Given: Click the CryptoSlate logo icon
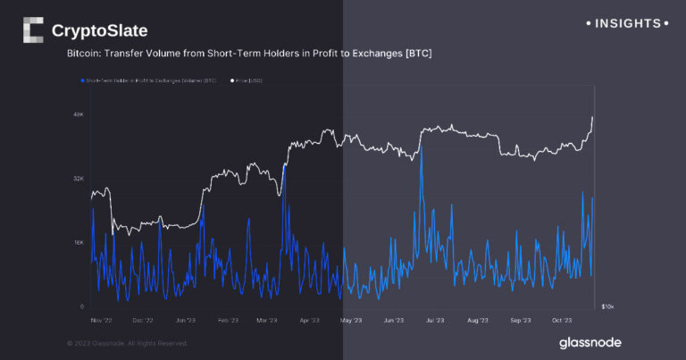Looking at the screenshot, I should click(32, 30).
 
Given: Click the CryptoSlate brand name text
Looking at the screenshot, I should click(99, 31).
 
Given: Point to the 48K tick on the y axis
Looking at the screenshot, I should click(79, 114).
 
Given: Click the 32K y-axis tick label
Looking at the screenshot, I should click(79, 179).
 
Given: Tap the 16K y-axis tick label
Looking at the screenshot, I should click(79, 243).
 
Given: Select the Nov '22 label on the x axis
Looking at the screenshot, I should click(101, 319).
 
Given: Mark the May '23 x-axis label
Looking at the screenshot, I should click(351, 319).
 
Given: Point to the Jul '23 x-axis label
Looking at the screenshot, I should click(435, 319).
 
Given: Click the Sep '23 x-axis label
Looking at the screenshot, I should click(521, 319).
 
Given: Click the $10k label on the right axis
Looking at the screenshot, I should click(607, 307).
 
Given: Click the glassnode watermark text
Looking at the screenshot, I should click(590, 342).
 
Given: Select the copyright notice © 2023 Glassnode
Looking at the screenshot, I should click(127, 342).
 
